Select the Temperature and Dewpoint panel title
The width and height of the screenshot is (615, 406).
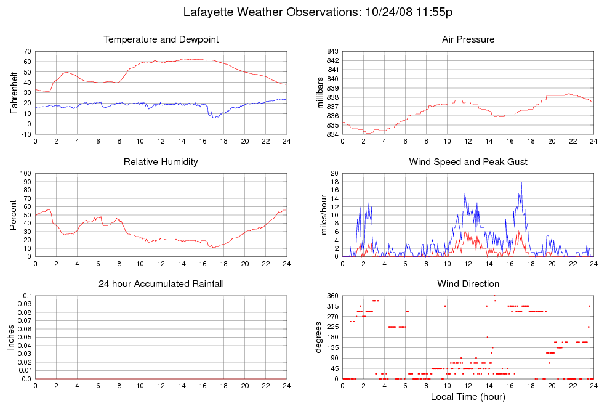(161, 39)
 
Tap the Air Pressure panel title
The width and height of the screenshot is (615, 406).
(468, 39)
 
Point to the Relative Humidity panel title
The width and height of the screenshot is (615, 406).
(161, 162)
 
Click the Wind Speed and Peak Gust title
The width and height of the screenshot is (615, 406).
(468, 162)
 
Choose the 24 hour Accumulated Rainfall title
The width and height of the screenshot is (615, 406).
(161, 284)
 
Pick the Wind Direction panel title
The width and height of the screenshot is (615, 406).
(468, 284)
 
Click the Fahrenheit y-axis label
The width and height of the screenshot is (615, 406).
(14, 92)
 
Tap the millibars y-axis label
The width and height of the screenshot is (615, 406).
(320, 92)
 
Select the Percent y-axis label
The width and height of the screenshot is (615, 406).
(14, 214)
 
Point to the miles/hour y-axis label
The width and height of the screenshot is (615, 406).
(320, 214)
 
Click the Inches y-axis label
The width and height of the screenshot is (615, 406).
(10, 337)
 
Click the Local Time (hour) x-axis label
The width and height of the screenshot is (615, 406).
(468, 397)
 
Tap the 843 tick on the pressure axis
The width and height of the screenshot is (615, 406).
(332, 51)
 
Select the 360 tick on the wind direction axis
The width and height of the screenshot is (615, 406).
(332, 296)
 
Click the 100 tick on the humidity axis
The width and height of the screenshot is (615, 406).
(25, 173)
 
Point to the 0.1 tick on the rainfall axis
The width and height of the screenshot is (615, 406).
(27, 296)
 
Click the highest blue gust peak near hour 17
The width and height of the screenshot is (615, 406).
(521, 182)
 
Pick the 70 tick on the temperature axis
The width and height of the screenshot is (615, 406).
(27, 51)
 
